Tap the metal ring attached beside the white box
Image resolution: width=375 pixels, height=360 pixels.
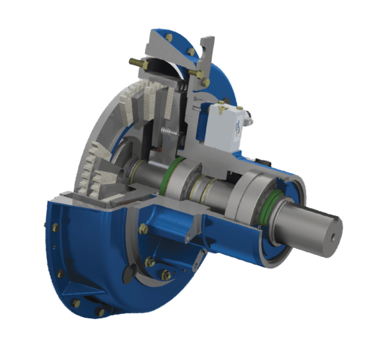click(248, 116)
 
